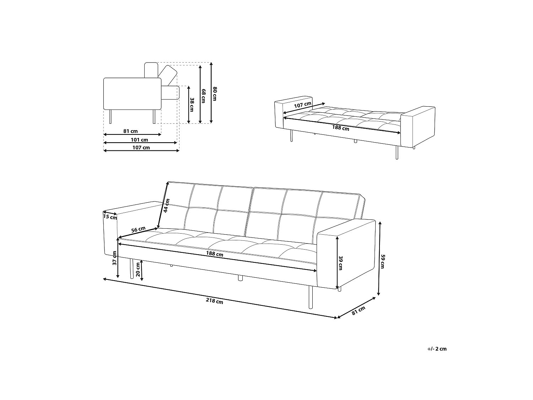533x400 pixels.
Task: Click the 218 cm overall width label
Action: [x=214, y=301]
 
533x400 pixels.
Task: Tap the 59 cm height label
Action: [x=382, y=261]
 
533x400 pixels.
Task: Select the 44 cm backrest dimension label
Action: [x=166, y=206]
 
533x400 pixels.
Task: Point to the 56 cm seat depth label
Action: [x=138, y=229]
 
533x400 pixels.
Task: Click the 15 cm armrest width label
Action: [x=110, y=217]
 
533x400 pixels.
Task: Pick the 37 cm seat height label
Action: [x=115, y=258]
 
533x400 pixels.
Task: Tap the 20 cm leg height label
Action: [x=138, y=270]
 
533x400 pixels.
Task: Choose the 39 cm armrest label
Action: [x=340, y=263]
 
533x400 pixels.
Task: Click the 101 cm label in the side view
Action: [x=139, y=140]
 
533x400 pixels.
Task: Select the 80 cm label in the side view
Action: [x=214, y=94]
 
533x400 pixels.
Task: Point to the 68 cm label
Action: [x=204, y=96]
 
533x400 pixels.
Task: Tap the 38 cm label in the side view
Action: [x=192, y=105]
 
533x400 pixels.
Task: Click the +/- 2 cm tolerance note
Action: [x=437, y=349]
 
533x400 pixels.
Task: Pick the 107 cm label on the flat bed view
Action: [x=302, y=105]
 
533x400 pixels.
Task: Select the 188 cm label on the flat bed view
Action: [x=341, y=128]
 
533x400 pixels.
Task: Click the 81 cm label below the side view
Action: [x=130, y=131]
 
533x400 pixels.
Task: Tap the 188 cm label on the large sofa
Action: [x=215, y=254]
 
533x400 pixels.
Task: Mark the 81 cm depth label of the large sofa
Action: [x=359, y=311]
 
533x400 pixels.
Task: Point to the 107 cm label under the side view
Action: [x=141, y=148]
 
